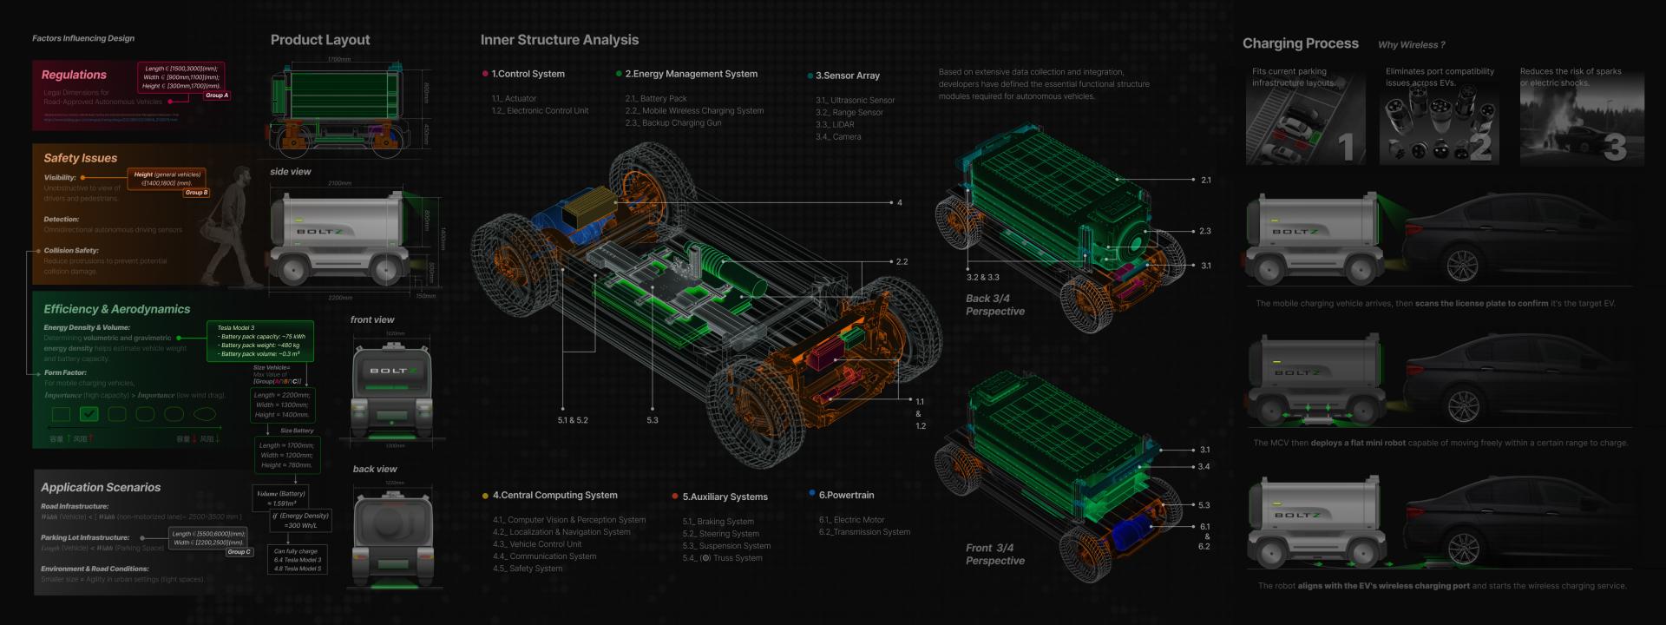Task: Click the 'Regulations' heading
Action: coord(74,76)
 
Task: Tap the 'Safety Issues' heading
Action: coord(80,158)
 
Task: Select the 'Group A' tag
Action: coord(217,95)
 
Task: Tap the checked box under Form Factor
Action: coord(89,414)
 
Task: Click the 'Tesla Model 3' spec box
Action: coord(260,341)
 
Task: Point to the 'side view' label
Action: coord(290,172)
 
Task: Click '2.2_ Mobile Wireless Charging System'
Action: coord(694,111)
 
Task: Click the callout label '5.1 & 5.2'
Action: coord(573,420)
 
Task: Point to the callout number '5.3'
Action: coord(653,420)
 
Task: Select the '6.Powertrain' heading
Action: coord(846,496)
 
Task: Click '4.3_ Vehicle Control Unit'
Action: coord(537,544)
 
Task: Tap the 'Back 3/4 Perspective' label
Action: coord(994,305)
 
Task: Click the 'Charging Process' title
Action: coord(1300,43)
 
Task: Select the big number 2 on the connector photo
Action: coord(1480,147)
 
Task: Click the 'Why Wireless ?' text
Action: coord(1411,45)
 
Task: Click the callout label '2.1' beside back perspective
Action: coord(1206,181)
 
